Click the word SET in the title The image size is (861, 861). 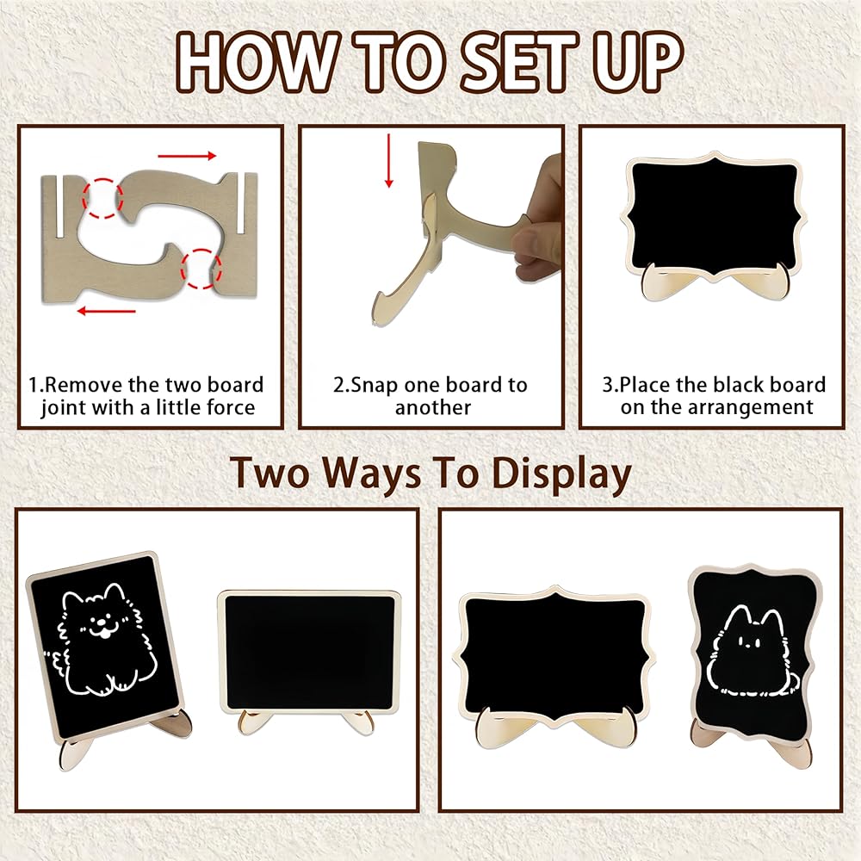(518, 61)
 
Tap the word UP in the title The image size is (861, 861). (639, 61)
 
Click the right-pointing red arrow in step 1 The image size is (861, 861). (187, 156)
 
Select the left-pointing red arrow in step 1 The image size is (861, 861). (106, 311)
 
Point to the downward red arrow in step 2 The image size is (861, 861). (389, 160)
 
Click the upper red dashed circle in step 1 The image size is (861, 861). (102, 198)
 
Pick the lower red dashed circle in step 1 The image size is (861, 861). (201, 269)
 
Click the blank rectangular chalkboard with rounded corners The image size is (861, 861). (310, 652)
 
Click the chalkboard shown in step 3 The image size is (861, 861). (713, 218)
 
